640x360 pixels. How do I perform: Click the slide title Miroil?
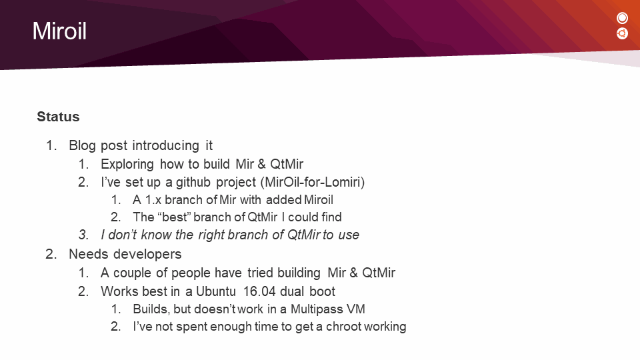click(x=59, y=31)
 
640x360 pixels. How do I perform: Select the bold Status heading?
click(x=58, y=117)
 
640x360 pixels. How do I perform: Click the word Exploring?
click(x=127, y=164)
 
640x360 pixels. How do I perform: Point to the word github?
click(x=193, y=182)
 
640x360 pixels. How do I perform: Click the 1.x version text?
click(x=153, y=200)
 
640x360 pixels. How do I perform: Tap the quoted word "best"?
click(x=174, y=217)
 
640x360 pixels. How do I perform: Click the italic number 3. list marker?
click(x=84, y=235)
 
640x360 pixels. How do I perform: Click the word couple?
click(x=131, y=273)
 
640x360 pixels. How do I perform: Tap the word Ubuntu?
click(x=216, y=291)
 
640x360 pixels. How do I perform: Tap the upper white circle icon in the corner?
click(x=622, y=18)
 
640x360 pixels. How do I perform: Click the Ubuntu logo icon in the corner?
click(x=622, y=33)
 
